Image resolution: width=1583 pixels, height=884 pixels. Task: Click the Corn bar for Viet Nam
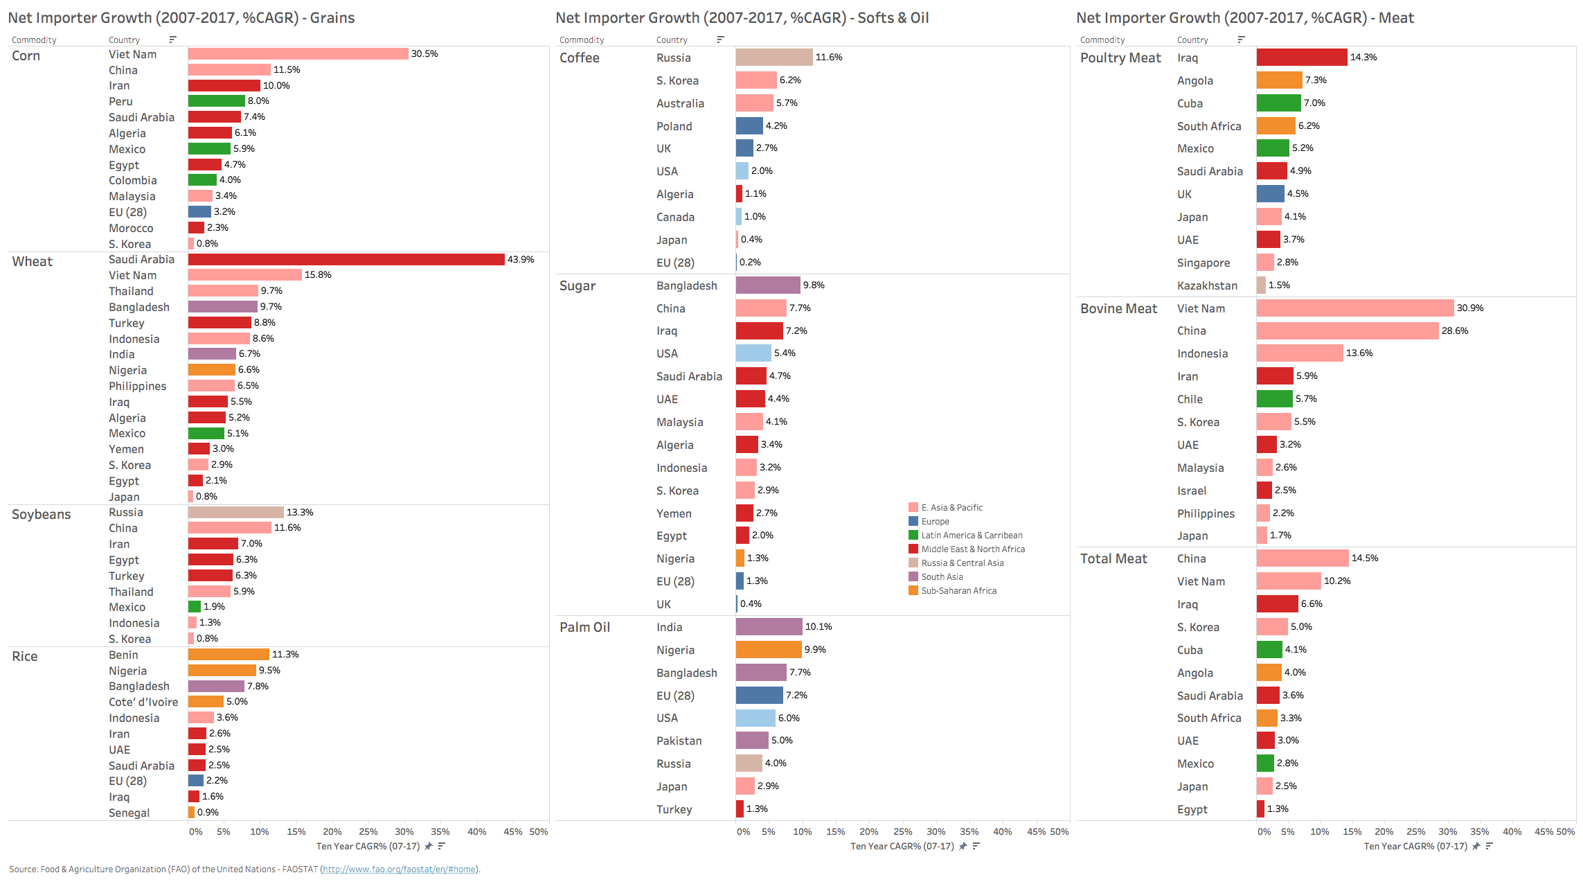[x=298, y=54]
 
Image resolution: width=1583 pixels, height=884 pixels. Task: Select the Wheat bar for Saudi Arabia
[x=346, y=259]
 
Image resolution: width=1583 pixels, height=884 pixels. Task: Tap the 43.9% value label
[x=521, y=259]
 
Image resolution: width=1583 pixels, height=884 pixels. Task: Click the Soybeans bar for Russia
[x=235, y=512]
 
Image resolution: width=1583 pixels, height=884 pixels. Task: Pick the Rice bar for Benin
[x=229, y=655]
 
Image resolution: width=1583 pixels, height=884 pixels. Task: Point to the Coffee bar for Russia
[x=774, y=58]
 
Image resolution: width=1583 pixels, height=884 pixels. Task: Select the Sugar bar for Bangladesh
[x=768, y=285]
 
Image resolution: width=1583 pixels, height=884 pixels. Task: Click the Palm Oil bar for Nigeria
[x=769, y=650]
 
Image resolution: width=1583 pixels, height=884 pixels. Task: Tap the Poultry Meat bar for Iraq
[x=1302, y=58]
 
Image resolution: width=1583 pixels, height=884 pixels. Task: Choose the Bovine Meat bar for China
[x=1348, y=331]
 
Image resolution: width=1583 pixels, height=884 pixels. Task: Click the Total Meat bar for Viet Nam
[x=1289, y=581]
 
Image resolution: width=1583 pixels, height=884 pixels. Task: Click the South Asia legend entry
[x=942, y=577]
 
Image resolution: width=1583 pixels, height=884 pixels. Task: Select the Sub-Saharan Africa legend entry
[x=958, y=591]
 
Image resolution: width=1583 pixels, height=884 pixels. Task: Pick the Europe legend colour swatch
[x=913, y=522]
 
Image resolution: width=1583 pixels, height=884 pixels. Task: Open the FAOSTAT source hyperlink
[x=399, y=869]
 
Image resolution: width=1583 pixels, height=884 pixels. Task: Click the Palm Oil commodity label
[x=584, y=627]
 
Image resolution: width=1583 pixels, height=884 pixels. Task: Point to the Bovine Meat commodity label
[x=1118, y=308]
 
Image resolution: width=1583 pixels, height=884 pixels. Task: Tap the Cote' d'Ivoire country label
[x=143, y=702]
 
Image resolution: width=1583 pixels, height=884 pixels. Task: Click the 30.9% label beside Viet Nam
[x=1470, y=308]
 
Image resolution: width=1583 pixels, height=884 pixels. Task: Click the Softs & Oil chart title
[x=742, y=18]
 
